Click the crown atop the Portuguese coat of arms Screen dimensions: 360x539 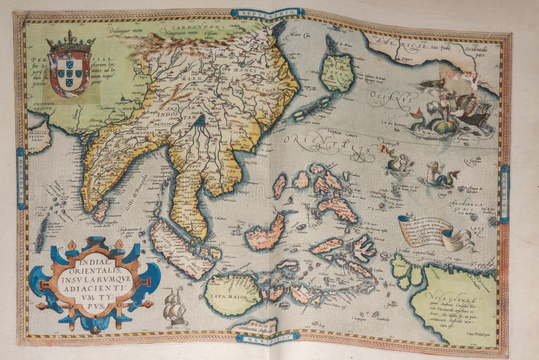(71, 42)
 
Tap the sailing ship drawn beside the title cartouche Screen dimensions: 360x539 (175, 307)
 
